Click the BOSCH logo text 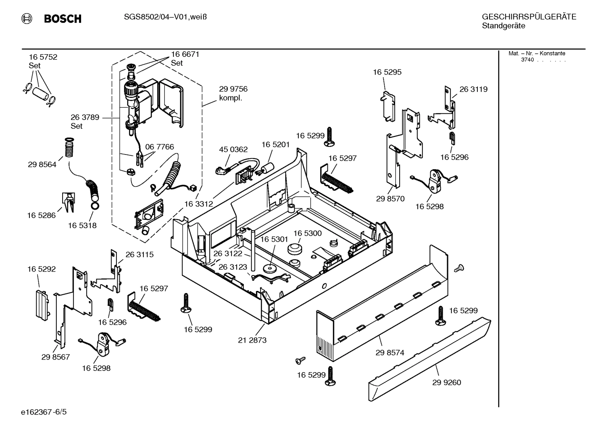tap(62, 19)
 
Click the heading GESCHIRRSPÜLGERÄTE tap(529, 17)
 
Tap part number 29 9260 tap(446, 382)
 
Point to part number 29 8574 tap(390, 352)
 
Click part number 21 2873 tap(252, 340)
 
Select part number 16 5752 tap(43, 57)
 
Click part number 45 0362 tap(233, 149)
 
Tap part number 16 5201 tap(276, 144)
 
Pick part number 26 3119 tap(473, 89)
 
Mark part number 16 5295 tap(387, 72)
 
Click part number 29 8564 tap(42, 165)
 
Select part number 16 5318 tap(82, 225)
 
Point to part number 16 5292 tap(42, 269)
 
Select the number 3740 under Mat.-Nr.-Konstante tap(527, 60)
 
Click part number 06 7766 tap(160, 147)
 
